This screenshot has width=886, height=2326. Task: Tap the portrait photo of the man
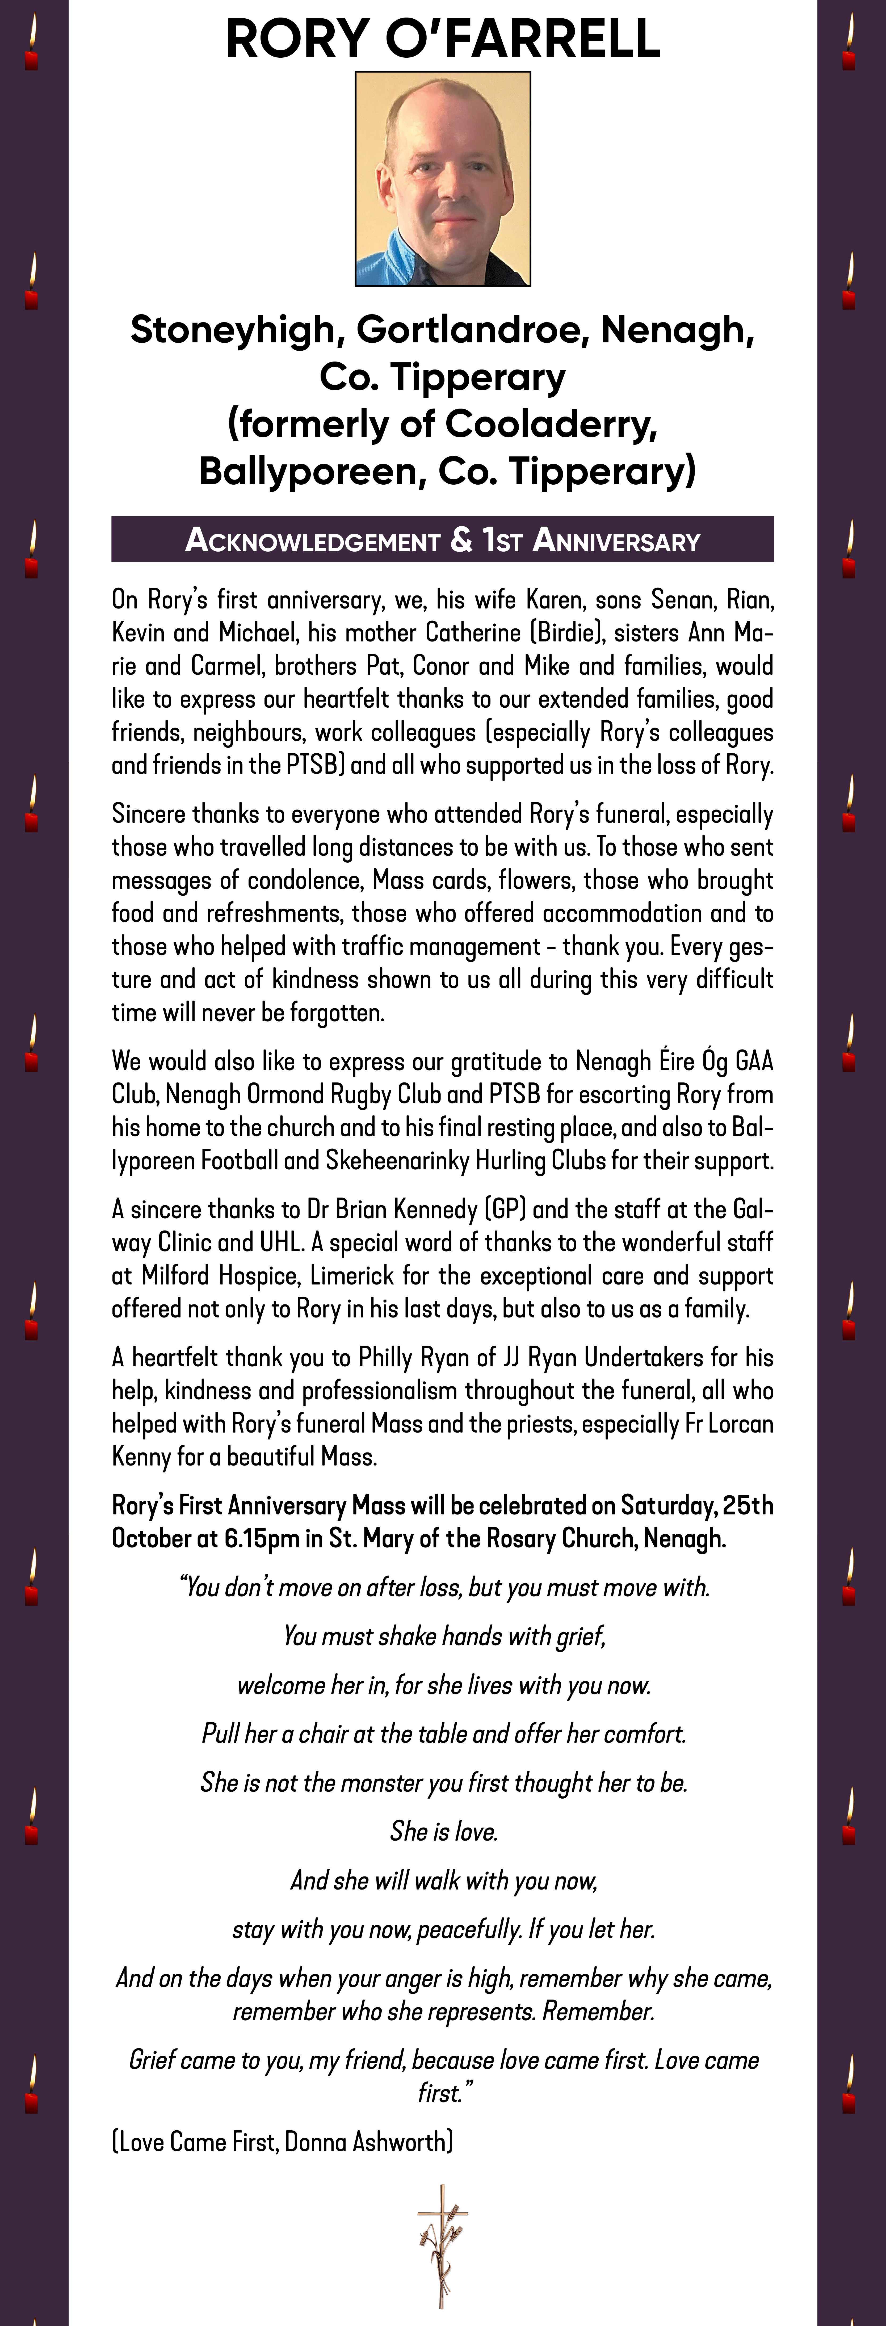tap(443, 179)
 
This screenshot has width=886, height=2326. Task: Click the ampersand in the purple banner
tap(461, 540)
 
